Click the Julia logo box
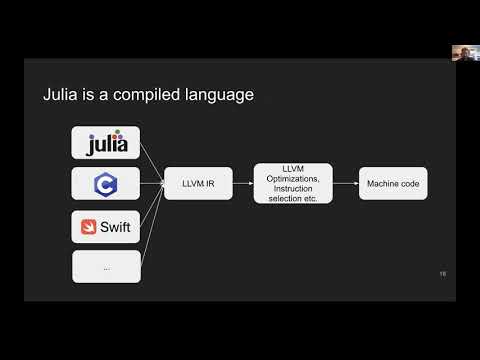(106, 143)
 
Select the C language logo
(106, 184)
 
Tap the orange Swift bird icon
(91, 226)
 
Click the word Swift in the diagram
(115, 226)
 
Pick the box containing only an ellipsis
(106, 266)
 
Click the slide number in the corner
(442, 273)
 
